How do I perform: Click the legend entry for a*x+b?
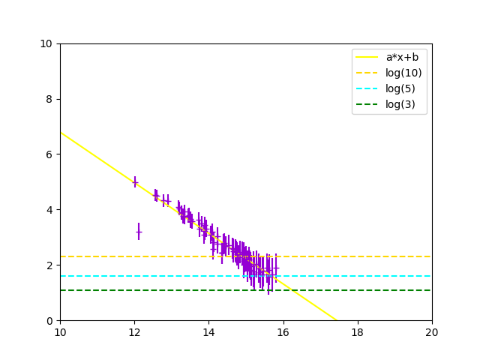[x=401, y=57]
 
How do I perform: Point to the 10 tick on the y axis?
[x=46, y=43]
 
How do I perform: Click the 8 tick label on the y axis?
[x=49, y=99]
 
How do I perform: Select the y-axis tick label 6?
[x=49, y=154]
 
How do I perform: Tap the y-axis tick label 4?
[x=49, y=210]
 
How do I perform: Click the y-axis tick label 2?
[x=49, y=265]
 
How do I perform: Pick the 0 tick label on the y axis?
[x=49, y=321]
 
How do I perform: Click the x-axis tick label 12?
[x=134, y=332]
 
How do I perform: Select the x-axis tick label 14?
[x=208, y=332]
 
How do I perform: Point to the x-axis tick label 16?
[x=283, y=332]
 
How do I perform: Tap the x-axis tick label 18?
[x=358, y=332]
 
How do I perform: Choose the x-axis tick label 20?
[x=432, y=332]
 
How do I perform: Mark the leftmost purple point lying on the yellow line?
[x=135, y=181]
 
